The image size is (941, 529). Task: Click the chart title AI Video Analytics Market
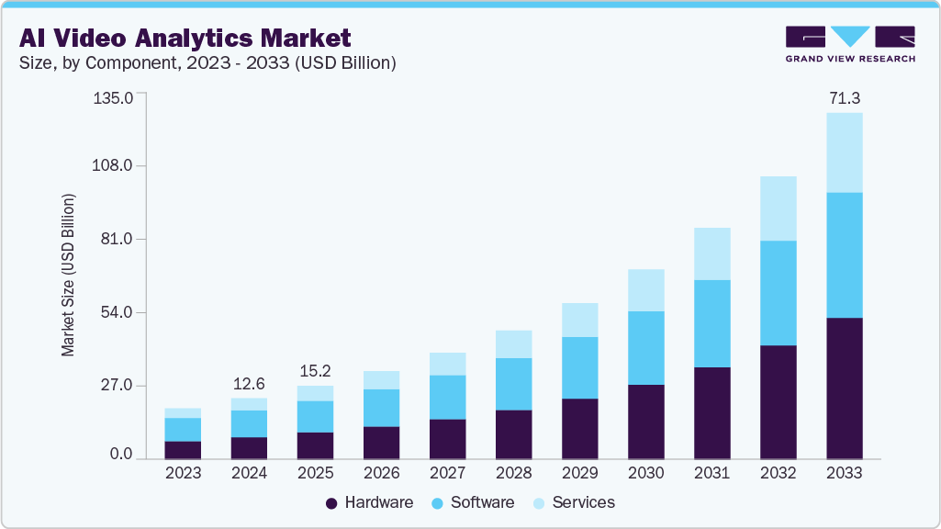(185, 38)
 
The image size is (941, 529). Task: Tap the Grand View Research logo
(850, 44)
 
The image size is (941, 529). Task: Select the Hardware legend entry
(369, 502)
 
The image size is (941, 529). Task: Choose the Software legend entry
(473, 502)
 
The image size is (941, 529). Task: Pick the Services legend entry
(574, 502)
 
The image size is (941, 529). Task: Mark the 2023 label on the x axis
(183, 474)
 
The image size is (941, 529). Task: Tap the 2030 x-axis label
(645, 474)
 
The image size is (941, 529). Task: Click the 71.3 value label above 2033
(844, 97)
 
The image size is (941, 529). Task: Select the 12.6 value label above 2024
(249, 382)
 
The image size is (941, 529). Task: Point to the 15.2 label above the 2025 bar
(315, 370)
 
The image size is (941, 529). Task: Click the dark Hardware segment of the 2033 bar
(844, 388)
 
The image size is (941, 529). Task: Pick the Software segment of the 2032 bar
(778, 293)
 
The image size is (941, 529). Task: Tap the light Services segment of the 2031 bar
(711, 253)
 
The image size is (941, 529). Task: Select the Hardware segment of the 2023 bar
(183, 449)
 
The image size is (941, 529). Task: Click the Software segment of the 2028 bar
(513, 384)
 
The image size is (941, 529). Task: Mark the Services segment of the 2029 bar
(579, 320)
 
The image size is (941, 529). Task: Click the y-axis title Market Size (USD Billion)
(68, 276)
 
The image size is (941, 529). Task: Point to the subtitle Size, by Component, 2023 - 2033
(207, 63)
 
